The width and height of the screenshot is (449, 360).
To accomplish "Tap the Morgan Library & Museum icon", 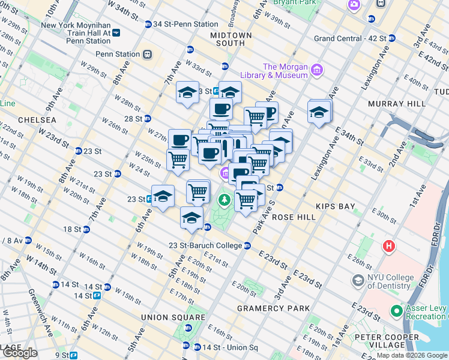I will (x=316, y=71).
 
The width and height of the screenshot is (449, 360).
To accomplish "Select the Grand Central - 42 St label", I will (x=350, y=38).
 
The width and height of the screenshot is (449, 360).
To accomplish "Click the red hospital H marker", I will (x=390, y=246).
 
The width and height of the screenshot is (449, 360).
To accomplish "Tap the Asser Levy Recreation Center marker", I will (x=396, y=311).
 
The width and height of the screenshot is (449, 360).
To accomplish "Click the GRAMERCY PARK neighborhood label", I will (x=274, y=308).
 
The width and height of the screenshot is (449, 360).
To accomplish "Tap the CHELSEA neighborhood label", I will (x=37, y=120).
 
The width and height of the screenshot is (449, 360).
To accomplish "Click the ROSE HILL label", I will (x=294, y=217).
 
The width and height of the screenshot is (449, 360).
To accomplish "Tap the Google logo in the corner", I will (x=20, y=353).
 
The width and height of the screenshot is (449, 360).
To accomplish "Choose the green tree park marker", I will (x=224, y=199).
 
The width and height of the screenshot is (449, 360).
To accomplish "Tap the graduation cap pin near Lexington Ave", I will (x=319, y=112).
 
